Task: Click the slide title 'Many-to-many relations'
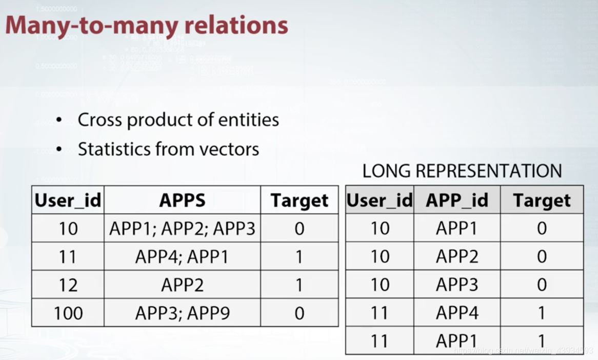(147, 25)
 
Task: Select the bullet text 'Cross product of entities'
(178, 120)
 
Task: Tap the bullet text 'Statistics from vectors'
(168, 149)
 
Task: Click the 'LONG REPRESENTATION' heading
(462, 171)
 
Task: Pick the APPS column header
(182, 201)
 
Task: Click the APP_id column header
(456, 201)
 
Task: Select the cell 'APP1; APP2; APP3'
(182, 229)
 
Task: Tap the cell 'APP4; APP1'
(182, 256)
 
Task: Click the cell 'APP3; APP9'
(182, 313)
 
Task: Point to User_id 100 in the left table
(68, 313)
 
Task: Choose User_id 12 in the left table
(68, 285)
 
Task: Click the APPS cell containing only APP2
(182, 285)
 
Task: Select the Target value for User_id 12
(300, 285)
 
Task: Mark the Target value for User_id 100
(300, 313)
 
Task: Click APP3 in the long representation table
(456, 285)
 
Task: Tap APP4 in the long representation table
(456, 313)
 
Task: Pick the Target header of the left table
(300, 201)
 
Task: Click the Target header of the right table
(542, 201)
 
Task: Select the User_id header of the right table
(380, 201)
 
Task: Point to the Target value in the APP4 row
(542, 313)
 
